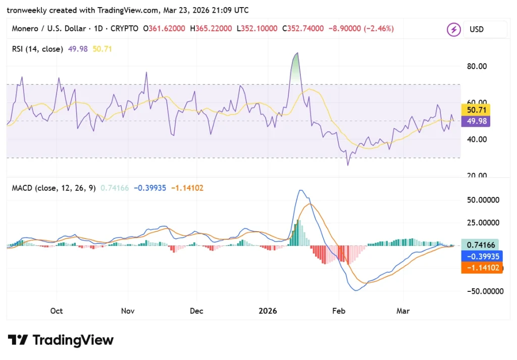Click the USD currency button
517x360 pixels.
[x=477, y=30]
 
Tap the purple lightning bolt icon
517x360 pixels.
[x=453, y=30]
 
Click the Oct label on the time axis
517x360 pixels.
[x=57, y=311]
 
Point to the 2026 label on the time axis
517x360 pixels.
[x=268, y=311]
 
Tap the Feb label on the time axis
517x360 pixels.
[x=338, y=311]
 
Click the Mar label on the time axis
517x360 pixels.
[x=403, y=311]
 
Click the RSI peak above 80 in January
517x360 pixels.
[x=297, y=53]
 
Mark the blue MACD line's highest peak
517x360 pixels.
[x=301, y=190]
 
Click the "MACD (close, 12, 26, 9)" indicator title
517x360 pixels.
[x=54, y=188]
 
